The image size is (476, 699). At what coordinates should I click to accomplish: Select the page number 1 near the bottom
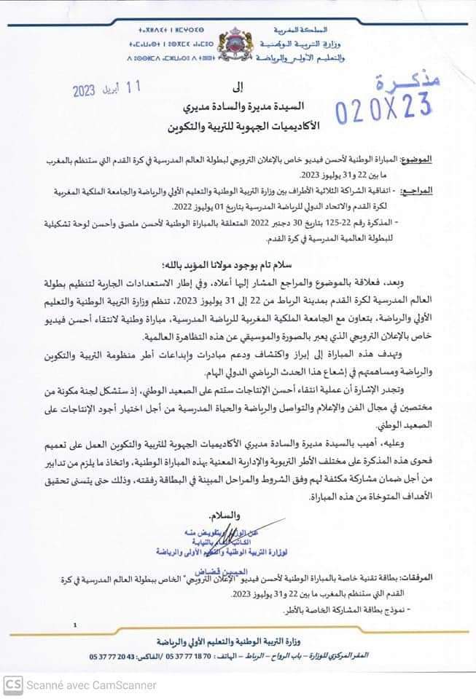(x=74, y=624)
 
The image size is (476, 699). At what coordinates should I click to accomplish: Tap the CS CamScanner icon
(x=12, y=684)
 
